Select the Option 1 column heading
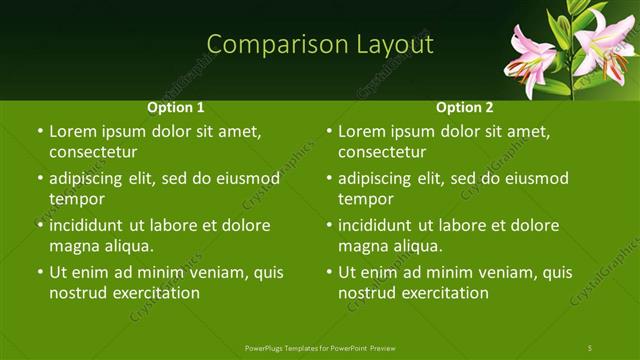pos(176,107)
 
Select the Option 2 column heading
pos(465,107)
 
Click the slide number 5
pos(590,347)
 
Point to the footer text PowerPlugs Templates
pos(284,347)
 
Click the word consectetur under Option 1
pos(93,152)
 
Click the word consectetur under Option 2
pos(382,152)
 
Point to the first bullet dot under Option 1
pos(39,132)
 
